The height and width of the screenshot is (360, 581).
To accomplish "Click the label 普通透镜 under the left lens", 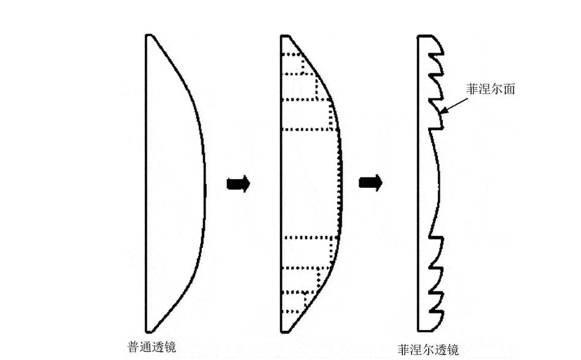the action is (x=152, y=347).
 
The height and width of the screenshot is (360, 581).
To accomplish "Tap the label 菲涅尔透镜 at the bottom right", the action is (x=428, y=350).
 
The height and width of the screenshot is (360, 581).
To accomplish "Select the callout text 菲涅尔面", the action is (x=490, y=89).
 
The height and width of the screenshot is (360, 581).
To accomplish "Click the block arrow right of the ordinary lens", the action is (x=239, y=184).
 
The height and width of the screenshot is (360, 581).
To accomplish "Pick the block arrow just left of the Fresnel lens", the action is (x=371, y=183).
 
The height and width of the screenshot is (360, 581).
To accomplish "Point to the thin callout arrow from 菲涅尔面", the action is (x=454, y=105).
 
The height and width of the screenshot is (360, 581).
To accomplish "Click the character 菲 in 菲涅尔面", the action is (x=472, y=89).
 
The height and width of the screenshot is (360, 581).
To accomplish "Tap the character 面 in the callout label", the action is (x=509, y=89).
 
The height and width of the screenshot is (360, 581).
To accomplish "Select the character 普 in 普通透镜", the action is (x=133, y=347).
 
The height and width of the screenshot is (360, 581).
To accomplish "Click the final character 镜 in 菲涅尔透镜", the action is (x=453, y=350).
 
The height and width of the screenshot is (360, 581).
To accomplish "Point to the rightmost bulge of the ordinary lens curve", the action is (x=204, y=185).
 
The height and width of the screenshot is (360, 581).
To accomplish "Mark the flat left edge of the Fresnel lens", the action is (x=418, y=183).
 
